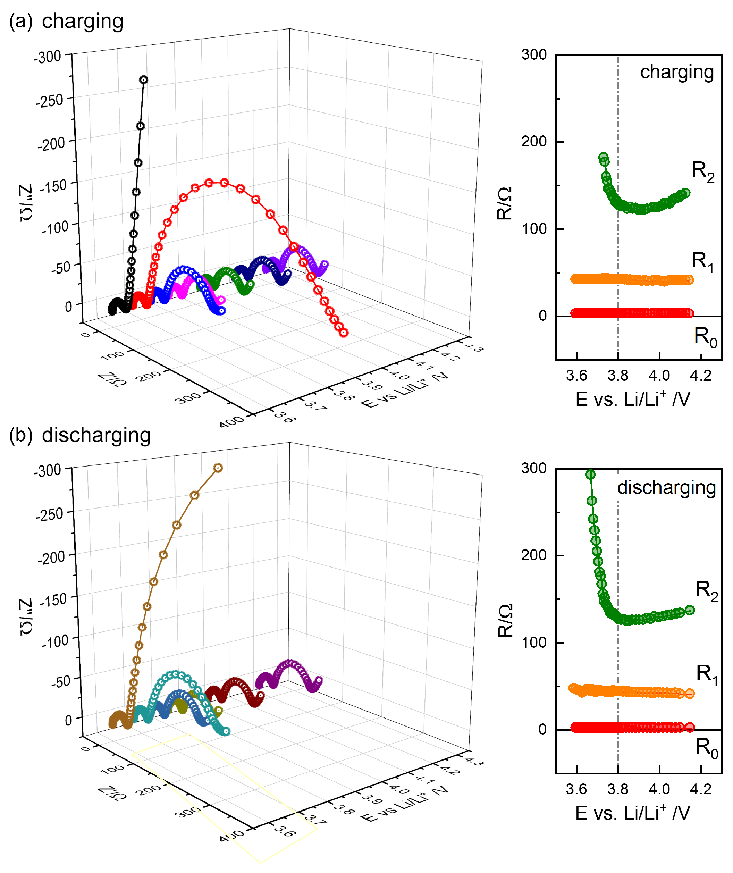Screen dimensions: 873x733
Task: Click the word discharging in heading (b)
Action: pyautogui.click(x=96, y=436)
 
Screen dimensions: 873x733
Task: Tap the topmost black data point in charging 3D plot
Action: pyautogui.click(x=144, y=80)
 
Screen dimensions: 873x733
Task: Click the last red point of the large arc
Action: pyautogui.click(x=344, y=333)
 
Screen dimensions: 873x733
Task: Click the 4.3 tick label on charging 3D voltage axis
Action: pyautogui.click(x=474, y=347)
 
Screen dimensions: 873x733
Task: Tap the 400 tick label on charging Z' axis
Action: pyautogui.click(x=232, y=421)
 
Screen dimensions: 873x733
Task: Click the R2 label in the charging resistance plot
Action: pyautogui.click(x=703, y=171)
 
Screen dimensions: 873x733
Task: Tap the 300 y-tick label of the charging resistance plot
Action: pyautogui.click(x=534, y=54)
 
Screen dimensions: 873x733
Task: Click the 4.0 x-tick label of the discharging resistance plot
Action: pyautogui.click(x=659, y=789)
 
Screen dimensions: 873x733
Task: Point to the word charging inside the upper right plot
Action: pyautogui.click(x=676, y=72)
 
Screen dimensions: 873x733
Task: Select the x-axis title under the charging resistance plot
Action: pyautogui.click(x=632, y=400)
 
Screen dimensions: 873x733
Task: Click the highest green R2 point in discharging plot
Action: pyautogui.click(x=590, y=474)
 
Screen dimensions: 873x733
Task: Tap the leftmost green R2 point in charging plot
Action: pyautogui.click(x=603, y=157)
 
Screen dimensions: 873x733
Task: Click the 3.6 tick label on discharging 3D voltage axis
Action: pyautogui.click(x=285, y=831)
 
